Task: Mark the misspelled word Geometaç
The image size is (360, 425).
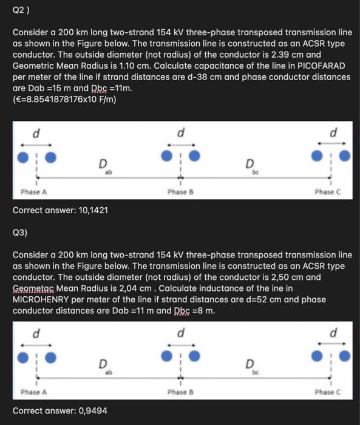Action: tap(35, 288)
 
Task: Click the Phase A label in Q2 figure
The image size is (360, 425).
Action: tap(35, 192)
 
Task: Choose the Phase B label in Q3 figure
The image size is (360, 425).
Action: tap(179, 392)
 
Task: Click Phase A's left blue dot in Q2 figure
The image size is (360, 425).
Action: tap(23, 157)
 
